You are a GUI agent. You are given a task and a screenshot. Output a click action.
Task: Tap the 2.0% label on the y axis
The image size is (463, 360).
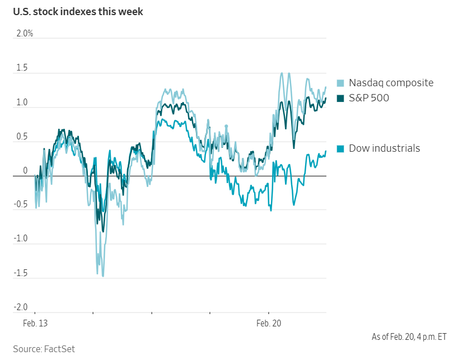25,34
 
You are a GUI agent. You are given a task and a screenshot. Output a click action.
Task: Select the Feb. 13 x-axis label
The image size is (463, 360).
35,323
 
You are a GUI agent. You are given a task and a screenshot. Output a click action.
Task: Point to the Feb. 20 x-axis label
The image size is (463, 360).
269,323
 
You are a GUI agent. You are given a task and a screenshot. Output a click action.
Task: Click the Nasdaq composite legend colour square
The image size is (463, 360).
340,83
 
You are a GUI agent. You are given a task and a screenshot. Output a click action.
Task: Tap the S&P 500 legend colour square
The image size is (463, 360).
340,99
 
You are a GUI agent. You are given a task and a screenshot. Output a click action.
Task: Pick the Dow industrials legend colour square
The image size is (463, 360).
340,149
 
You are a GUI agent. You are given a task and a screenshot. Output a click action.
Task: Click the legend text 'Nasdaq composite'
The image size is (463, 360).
391,83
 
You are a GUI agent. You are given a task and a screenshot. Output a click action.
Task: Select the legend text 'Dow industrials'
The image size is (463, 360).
384,148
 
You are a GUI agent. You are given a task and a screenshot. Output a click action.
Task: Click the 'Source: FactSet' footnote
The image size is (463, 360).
44,349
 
